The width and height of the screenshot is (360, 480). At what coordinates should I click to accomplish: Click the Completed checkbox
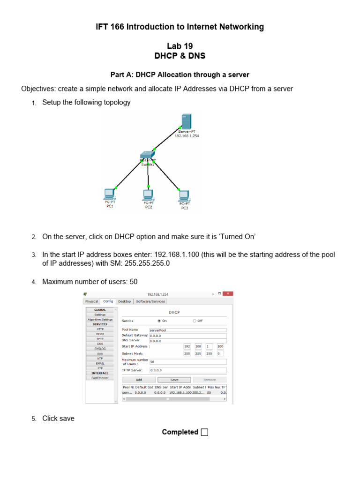[204, 432]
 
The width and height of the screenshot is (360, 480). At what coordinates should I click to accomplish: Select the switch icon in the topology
[147, 156]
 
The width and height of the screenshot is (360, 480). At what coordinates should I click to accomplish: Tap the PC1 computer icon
[109, 194]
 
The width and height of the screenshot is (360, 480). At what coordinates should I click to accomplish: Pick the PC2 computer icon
[148, 194]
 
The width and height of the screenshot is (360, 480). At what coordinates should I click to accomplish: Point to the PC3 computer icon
[184, 195]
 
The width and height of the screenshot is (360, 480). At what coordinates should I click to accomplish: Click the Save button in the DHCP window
[174, 380]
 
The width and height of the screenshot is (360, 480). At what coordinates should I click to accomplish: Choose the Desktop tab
[124, 301]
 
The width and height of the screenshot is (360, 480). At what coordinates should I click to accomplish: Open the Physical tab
[92, 301]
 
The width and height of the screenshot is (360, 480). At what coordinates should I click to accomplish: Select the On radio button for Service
[159, 321]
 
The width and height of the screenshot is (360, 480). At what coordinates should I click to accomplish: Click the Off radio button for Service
[195, 321]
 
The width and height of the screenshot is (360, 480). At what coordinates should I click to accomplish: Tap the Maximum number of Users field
[187, 362]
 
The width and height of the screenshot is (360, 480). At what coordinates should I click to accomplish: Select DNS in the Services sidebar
[100, 344]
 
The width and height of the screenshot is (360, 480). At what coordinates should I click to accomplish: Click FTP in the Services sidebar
[100, 368]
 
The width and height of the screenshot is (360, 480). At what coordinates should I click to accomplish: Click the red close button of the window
[228, 294]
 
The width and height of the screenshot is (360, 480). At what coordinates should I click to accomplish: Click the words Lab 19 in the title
[180, 46]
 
